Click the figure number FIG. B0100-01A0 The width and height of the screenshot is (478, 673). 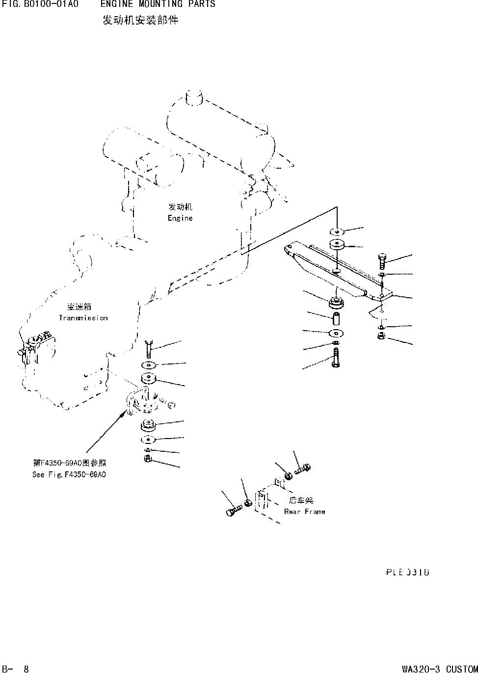pos(40,4)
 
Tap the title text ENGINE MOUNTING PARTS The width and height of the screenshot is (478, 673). pos(158,4)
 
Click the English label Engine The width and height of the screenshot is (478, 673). pos(180,218)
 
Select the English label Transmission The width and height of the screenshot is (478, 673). pos(83,318)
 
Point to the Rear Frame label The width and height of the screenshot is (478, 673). pos(304,512)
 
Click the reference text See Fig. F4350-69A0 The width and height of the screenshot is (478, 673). pos(69,474)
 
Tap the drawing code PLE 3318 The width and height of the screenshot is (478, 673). pos(407,572)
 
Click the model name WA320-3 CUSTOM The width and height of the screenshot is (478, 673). pos(439,669)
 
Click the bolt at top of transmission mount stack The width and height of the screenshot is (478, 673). pos(149,349)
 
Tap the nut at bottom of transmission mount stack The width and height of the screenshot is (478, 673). pos(148,459)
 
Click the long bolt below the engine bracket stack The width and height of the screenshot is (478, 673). pos(335,358)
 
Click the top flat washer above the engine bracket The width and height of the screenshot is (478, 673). pos(337,231)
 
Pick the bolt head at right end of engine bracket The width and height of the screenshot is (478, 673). pos(383,258)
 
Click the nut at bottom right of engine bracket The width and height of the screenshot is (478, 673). pos(381,336)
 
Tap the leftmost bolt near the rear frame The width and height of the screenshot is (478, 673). pos(232,512)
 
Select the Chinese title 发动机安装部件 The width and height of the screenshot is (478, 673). pos(140,21)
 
